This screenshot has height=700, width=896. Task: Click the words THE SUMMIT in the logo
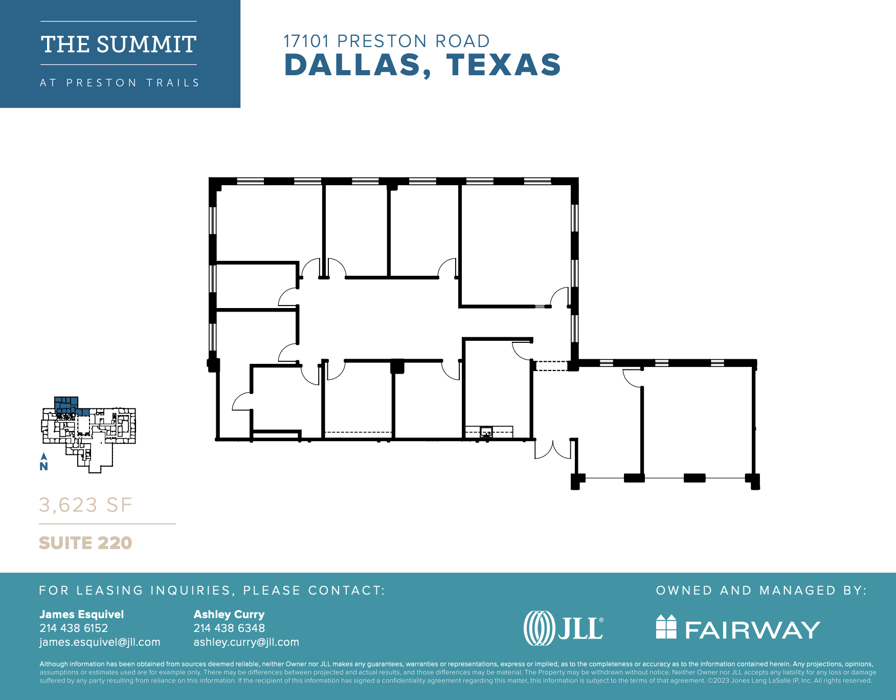pyautogui.click(x=119, y=45)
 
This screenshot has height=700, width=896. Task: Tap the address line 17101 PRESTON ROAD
pyautogui.click(x=387, y=41)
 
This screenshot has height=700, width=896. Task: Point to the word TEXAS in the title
pyautogui.click(x=504, y=65)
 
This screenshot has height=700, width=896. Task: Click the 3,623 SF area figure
pyautogui.click(x=85, y=505)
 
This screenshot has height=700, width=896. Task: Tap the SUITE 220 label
pyautogui.click(x=85, y=543)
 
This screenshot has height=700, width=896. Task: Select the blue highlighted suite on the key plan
pyautogui.click(x=66, y=404)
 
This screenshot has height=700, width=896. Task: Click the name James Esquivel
pyautogui.click(x=82, y=614)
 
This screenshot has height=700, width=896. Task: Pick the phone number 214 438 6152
pyautogui.click(x=74, y=628)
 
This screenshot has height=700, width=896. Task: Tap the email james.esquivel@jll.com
pyautogui.click(x=100, y=642)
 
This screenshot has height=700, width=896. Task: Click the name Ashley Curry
pyautogui.click(x=229, y=614)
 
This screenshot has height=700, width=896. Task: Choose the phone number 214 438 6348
pyautogui.click(x=229, y=628)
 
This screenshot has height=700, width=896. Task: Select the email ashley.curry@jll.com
pyautogui.click(x=246, y=642)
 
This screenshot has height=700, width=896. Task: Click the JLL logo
pyautogui.click(x=564, y=628)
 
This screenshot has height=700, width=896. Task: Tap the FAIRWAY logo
pyautogui.click(x=738, y=628)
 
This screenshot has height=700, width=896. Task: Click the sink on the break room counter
pyautogui.click(x=486, y=431)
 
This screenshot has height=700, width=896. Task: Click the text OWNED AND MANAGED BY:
pyautogui.click(x=761, y=590)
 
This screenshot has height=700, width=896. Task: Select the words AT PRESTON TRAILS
pyautogui.click(x=120, y=83)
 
